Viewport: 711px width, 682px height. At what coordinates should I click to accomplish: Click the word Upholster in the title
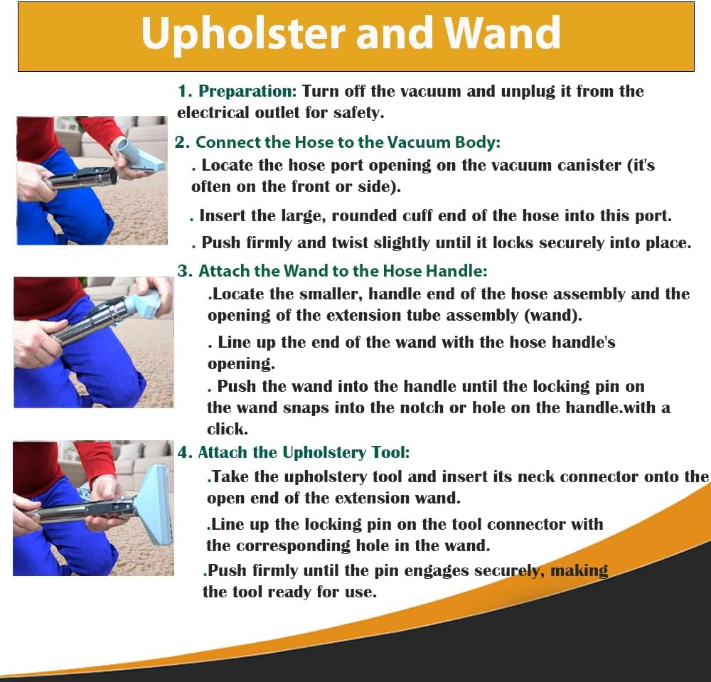(x=243, y=33)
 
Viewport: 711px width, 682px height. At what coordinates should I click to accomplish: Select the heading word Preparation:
(x=247, y=91)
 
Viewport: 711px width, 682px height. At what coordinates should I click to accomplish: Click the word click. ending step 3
(x=228, y=429)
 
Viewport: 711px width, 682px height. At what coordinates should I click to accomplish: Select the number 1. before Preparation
(x=185, y=91)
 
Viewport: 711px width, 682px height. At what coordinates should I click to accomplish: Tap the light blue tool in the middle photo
(x=142, y=303)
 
